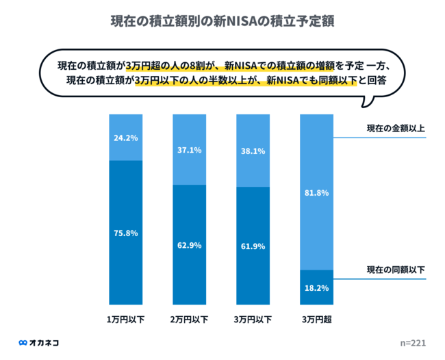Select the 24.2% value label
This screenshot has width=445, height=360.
point(125,138)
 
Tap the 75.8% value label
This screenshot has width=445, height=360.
point(125,233)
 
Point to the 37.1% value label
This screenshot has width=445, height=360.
point(189,150)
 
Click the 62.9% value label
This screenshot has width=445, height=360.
point(189,245)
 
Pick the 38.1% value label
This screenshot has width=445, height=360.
point(253,151)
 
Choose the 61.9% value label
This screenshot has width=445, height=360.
point(253,246)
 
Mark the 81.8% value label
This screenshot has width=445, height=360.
point(316,193)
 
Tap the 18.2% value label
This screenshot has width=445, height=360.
point(316,287)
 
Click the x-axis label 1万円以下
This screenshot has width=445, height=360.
point(125,319)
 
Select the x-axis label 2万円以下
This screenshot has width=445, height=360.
point(189,319)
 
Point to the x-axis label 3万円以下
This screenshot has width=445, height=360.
point(253,319)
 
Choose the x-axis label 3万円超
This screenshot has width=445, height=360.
point(316,319)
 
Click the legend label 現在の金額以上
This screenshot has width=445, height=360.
point(395,128)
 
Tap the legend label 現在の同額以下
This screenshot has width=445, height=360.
point(395,270)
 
